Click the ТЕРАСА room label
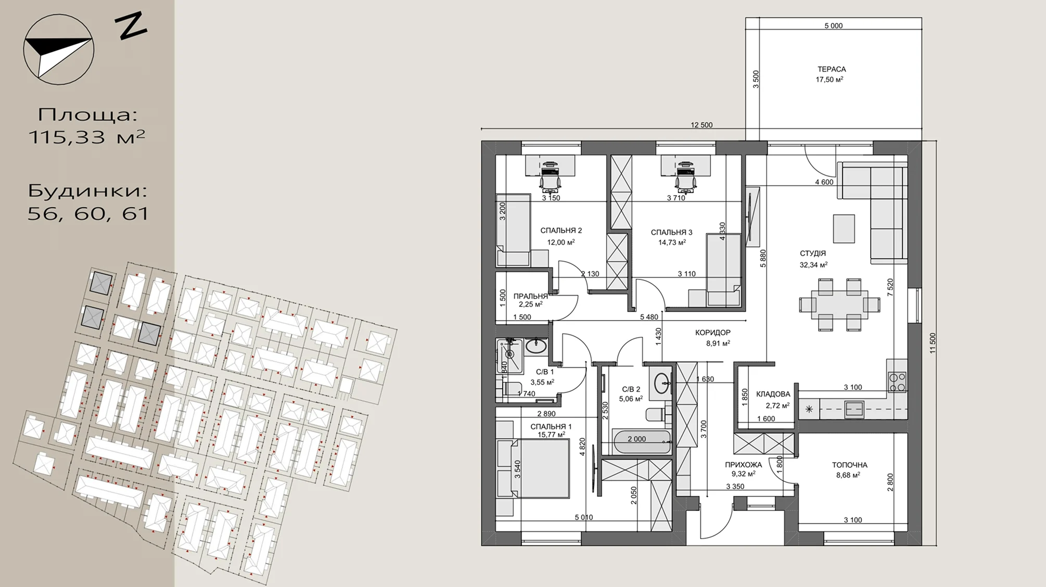pos(832,69)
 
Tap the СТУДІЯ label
pos(813,253)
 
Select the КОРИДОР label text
pos(713,333)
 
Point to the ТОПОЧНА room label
pos(850,465)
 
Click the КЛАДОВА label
pos(773,394)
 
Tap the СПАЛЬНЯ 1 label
pos(551,427)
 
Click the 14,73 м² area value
pos(672,242)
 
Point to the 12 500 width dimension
pos(701,125)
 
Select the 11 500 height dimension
pos(933,343)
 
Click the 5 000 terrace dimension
pos(833,25)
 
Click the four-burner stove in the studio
pos(897,382)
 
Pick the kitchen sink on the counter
pos(854,410)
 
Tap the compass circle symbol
pos(59,49)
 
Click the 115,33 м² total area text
pos(86,137)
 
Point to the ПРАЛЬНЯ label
pos(531,296)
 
